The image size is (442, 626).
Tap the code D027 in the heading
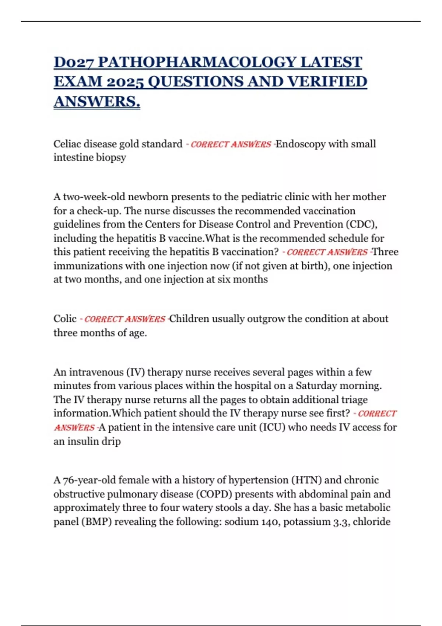(x=74, y=62)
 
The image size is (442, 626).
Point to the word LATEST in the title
(x=331, y=62)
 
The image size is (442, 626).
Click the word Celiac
(x=65, y=144)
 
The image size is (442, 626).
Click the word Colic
(x=65, y=319)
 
